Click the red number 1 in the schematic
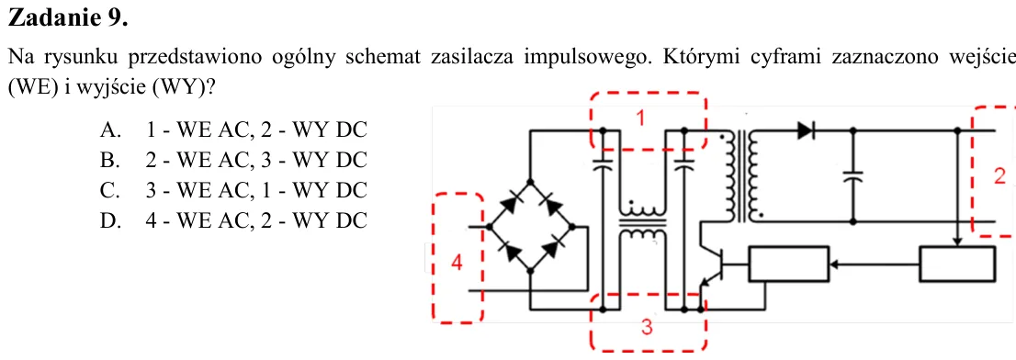640,118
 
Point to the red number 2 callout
999,175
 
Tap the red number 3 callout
647,328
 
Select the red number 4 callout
457,264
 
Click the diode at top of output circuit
806,130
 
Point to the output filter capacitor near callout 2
852,176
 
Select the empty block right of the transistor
788,264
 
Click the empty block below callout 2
957,264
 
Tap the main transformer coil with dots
741,176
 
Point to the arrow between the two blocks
875,264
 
